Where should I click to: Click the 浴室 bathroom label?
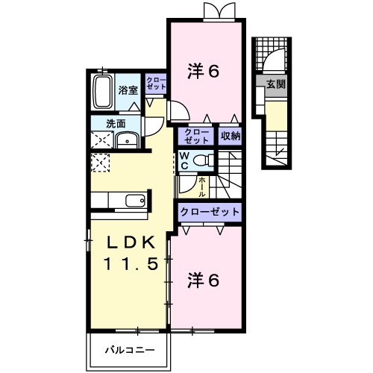(x=128, y=90)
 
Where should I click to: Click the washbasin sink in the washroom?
(x=129, y=139)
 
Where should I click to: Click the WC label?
(x=184, y=160)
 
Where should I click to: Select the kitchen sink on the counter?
(x=135, y=200)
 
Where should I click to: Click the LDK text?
(x=124, y=244)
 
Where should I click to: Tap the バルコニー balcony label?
(x=129, y=348)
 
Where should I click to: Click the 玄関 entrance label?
(x=275, y=84)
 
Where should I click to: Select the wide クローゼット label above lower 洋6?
(x=210, y=212)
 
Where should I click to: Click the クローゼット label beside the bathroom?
(x=156, y=83)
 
